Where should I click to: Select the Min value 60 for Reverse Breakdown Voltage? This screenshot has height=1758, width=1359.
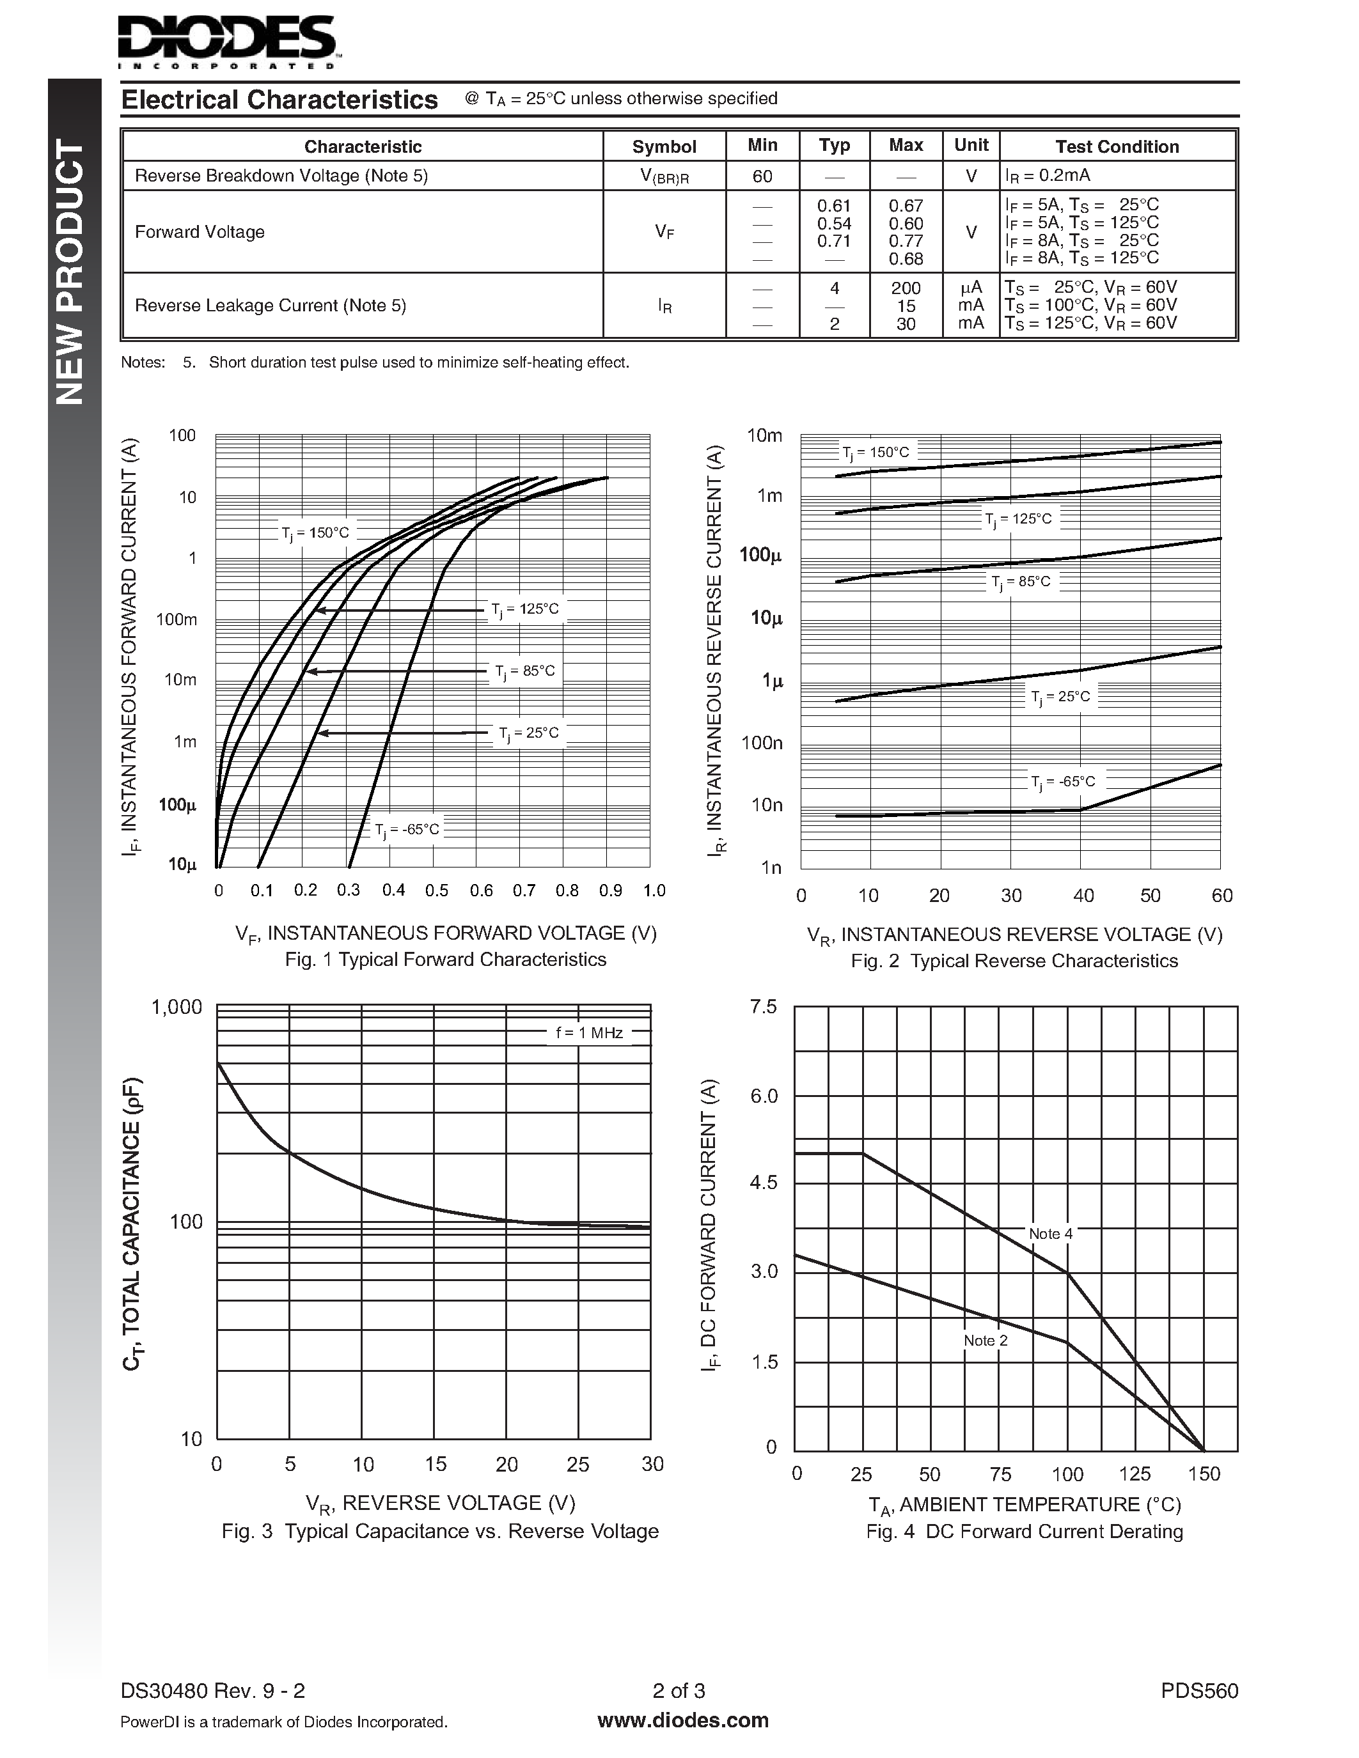(x=762, y=175)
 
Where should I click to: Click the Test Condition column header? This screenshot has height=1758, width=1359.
(x=1117, y=146)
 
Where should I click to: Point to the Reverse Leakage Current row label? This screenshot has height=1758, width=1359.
(x=270, y=306)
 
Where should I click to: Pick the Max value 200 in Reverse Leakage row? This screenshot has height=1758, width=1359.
(x=906, y=288)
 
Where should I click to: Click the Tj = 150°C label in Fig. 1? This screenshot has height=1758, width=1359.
(x=315, y=533)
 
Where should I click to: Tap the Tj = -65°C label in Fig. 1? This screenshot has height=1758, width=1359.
(x=407, y=829)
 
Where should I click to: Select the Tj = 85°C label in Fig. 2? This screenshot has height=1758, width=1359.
(x=1020, y=582)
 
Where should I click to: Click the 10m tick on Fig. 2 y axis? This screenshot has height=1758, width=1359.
(x=764, y=435)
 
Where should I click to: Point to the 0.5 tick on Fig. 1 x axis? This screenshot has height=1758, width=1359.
(x=436, y=891)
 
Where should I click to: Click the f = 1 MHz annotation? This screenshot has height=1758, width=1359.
(x=590, y=1032)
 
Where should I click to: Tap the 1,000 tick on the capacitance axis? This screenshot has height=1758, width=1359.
(x=177, y=1007)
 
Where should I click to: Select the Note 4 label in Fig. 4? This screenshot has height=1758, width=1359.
(x=1050, y=1234)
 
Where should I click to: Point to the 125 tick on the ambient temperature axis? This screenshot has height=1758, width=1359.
(x=1134, y=1475)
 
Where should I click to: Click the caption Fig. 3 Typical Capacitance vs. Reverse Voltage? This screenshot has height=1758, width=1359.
(x=439, y=1531)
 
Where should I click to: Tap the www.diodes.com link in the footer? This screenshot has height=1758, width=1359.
(x=683, y=1721)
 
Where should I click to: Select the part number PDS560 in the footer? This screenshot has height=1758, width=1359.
(x=1198, y=1691)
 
